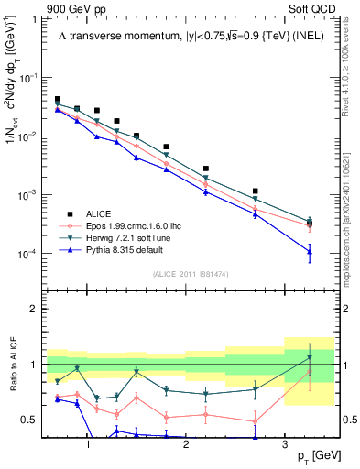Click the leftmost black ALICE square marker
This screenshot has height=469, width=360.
coord(58,99)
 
